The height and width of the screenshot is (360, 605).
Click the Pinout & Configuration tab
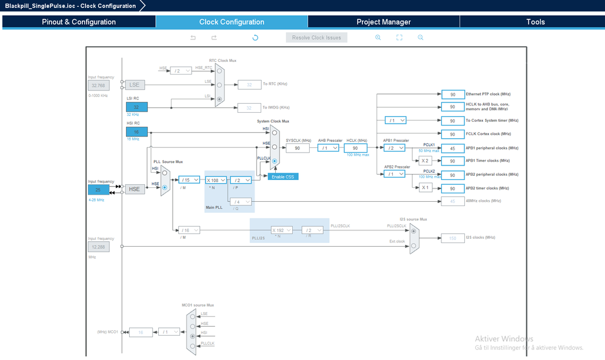(x=79, y=22)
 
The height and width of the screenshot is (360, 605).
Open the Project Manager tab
(x=383, y=22)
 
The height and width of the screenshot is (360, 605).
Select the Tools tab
(x=535, y=22)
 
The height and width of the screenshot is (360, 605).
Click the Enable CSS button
(x=283, y=176)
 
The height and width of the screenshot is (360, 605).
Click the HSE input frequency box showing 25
(x=98, y=189)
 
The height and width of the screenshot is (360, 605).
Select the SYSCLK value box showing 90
(x=298, y=148)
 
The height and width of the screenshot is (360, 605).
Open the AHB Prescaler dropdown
(x=328, y=148)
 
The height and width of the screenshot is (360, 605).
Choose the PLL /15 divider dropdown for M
(x=189, y=180)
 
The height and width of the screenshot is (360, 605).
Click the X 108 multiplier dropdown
(x=216, y=180)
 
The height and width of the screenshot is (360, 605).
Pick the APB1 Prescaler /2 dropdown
(x=394, y=148)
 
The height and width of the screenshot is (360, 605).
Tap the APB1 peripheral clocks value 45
(x=452, y=148)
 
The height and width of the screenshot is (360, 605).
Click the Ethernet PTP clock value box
(x=452, y=95)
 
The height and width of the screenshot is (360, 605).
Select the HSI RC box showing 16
(x=136, y=132)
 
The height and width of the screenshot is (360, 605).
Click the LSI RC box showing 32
(x=136, y=107)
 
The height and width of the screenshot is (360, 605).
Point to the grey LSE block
(x=135, y=85)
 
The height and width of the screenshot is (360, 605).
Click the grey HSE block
(x=135, y=189)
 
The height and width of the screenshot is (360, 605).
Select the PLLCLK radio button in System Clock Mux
(x=275, y=161)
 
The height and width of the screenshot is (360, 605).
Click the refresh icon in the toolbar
(x=255, y=38)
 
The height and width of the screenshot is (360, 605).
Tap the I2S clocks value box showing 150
(x=452, y=238)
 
